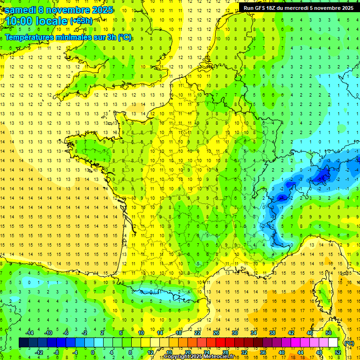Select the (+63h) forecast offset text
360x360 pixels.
[81, 21]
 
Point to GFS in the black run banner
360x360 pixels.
[262, 8]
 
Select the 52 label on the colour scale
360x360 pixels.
[337, 352]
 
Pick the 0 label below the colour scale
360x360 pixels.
[93, 352]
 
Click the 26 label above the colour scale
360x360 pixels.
[216, 333]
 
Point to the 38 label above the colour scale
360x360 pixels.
[272, 333]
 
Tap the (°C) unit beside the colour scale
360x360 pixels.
[349, 343]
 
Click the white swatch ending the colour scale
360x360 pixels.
[333, 343]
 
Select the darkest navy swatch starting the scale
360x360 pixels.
[23, 343]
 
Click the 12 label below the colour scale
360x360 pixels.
[150, 352]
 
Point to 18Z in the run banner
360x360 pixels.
[276, 8]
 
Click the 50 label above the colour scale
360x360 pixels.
[328, 333]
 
